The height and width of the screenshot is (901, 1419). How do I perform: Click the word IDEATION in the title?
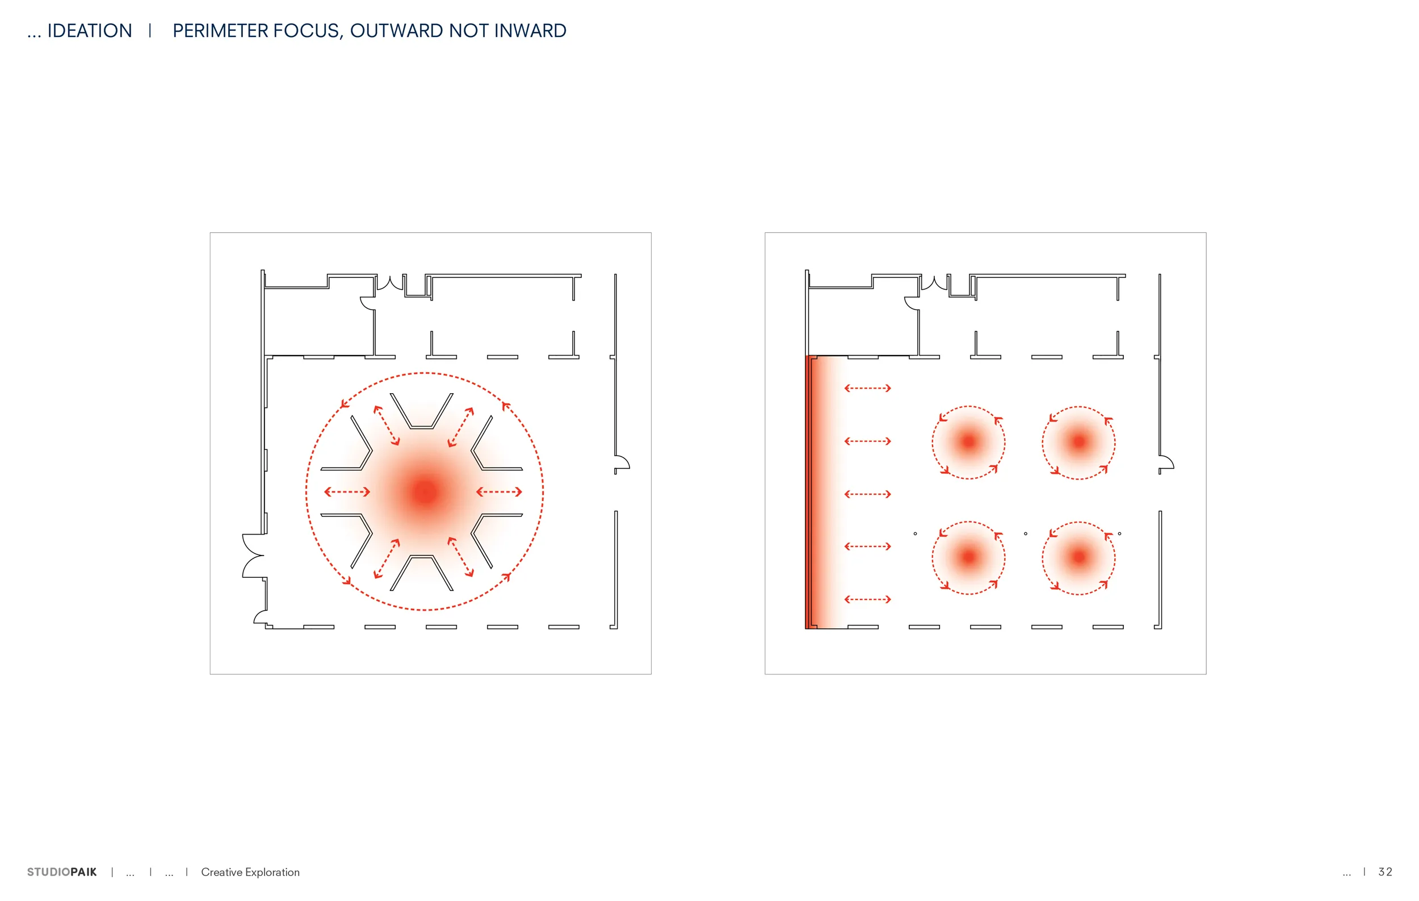click(90, 31)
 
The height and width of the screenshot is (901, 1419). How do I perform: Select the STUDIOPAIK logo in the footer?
click(62, 872)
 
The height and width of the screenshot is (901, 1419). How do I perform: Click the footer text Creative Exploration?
click(250, 872)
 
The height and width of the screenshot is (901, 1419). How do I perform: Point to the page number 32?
click(1386, 872)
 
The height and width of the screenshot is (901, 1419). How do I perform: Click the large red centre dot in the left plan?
click(425, 492)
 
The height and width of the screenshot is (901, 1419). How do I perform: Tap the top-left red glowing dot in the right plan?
click(968, 441)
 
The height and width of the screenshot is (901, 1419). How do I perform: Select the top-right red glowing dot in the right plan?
click(1079, 441)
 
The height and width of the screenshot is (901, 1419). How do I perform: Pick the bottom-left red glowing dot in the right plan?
click(968, 557)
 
